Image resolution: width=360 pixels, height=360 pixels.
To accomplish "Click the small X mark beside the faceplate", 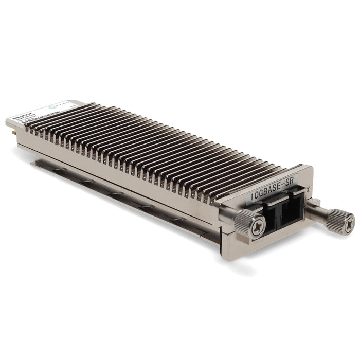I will (308, 189).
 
